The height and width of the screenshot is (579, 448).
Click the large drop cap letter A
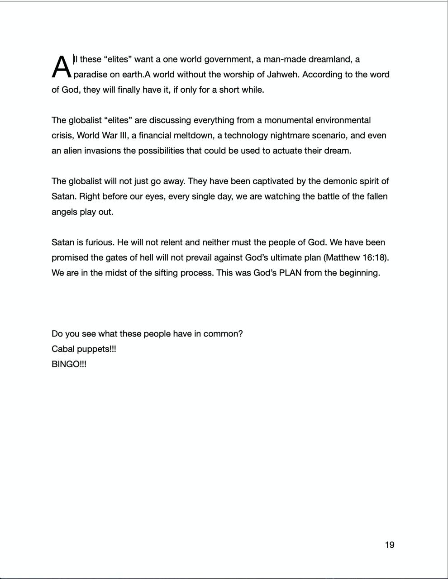(x=62, y=67)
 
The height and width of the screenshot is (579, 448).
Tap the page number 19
(x=389, y=545)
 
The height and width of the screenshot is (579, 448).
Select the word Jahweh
(x=283, y=74)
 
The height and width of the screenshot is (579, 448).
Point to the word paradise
(x=91, y=75)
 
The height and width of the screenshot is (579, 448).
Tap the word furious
(x=98, y=242)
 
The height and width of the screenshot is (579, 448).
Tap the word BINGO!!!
(x=69, y=364)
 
